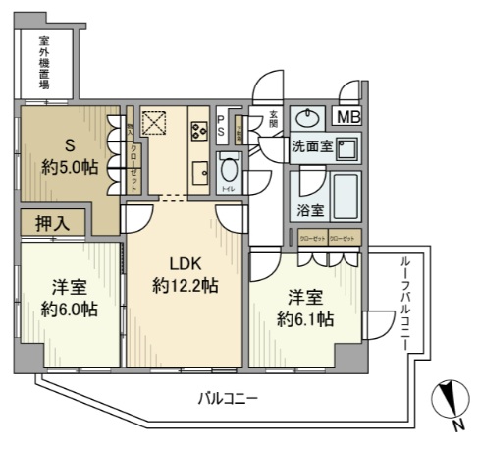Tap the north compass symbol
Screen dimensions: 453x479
pyautogui.click(x=451, y=404)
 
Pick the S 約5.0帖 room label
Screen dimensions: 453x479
pyautogui.click(x=61, y=154)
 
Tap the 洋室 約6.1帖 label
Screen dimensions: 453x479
pyautogui.click(x=303, y=307)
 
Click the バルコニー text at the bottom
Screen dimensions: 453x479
pyautogui.click(x=228, y=399)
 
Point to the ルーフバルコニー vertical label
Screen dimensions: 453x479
pyautogui.click(x=405, y=304)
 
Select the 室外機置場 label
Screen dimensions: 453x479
pyautogui.click(x=44, y=63)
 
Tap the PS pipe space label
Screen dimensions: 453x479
pyautogui.click(x=221, y=125)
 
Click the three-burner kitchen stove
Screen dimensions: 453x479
pyautogui.click(x=197, y=129)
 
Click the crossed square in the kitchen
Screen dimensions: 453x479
pyautogui.click(x=154, y=124)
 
